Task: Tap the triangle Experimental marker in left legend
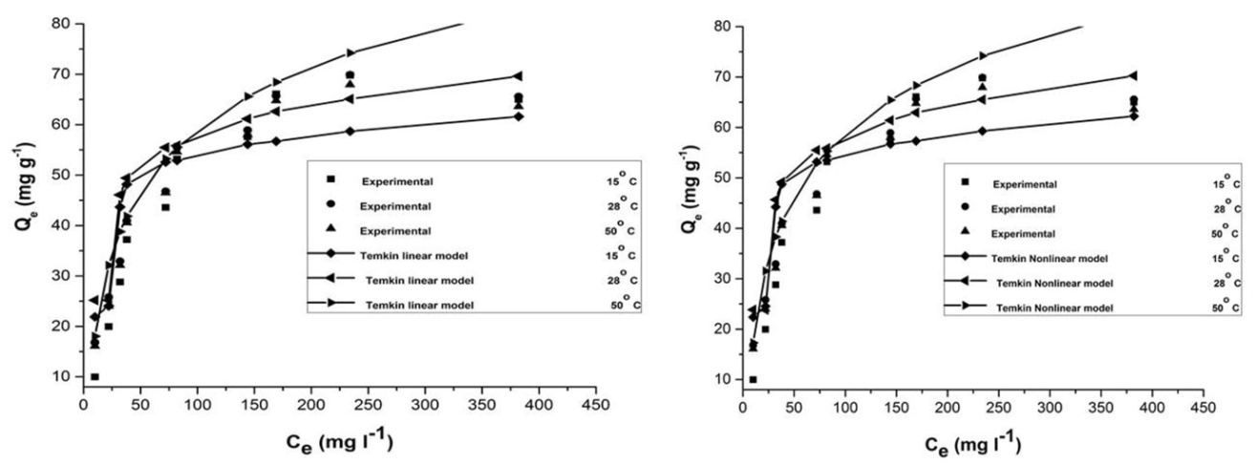pyautogui.click(x=330, y=231)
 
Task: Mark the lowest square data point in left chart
pyautogui.click(x=95, y=377)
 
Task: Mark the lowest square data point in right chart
pyautogui.click(x=753, y=379)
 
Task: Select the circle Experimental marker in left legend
pyautogui.click(x=330, y=205)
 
